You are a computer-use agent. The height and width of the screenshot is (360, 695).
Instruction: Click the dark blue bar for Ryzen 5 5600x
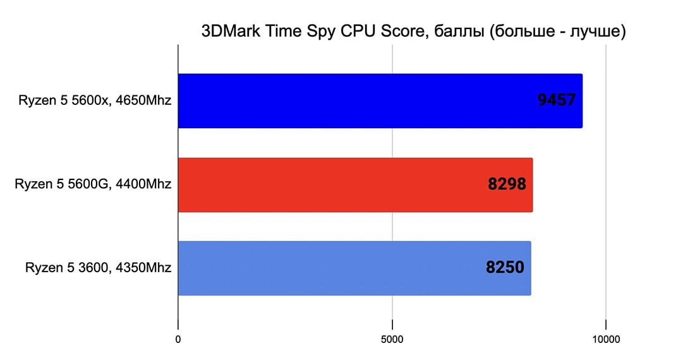[354, 101]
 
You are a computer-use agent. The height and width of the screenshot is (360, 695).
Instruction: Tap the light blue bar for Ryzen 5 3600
[329, 268]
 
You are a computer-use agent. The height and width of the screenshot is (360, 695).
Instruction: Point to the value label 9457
[557, 100]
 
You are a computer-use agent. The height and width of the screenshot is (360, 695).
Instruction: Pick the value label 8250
[505, 267]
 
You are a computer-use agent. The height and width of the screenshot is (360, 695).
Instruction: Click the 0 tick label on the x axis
[178, 340]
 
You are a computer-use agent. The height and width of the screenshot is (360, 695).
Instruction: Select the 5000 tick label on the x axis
[392, 340]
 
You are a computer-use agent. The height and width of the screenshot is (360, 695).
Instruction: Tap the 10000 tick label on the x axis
[606, 340]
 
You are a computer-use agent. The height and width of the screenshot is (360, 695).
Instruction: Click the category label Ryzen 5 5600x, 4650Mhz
[95, 100]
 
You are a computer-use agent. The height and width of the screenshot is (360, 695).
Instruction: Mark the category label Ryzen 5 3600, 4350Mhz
[99, 267]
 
